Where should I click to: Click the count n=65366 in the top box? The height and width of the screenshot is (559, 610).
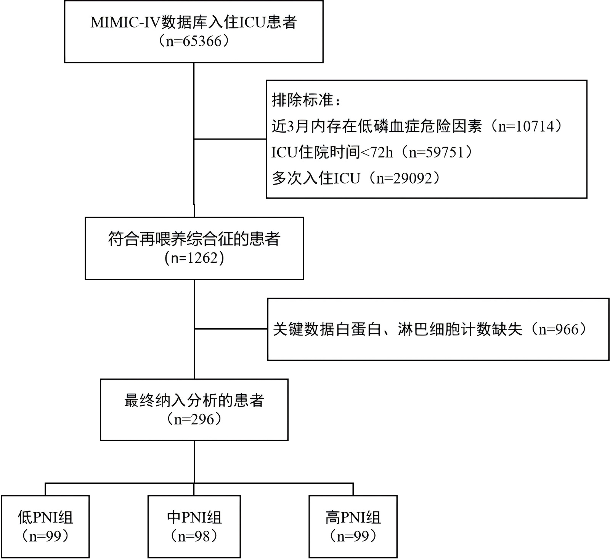pos(194,41)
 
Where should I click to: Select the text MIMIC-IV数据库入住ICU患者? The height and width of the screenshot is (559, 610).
pos(194,22)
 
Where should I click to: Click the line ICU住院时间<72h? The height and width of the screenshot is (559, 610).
pos(332,152)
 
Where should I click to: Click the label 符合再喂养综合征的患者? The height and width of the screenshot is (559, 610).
pos(194,239)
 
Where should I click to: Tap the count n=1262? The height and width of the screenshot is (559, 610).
pos(194,258)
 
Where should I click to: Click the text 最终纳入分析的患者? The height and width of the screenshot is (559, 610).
pos(194,400)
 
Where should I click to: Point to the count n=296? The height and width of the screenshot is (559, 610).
pos(194,419)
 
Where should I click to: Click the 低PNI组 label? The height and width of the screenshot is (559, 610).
pos(45,517)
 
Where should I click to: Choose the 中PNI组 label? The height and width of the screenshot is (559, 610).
pos(194,517)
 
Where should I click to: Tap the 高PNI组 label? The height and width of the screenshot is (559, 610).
pos(353,517)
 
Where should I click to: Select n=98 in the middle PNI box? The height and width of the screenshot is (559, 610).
pos(194,537)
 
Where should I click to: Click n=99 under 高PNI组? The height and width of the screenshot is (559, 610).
pos(353,537)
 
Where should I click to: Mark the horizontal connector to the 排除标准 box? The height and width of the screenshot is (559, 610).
pos(230,139)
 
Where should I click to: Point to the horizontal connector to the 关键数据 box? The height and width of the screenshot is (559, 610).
pos(231,329)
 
